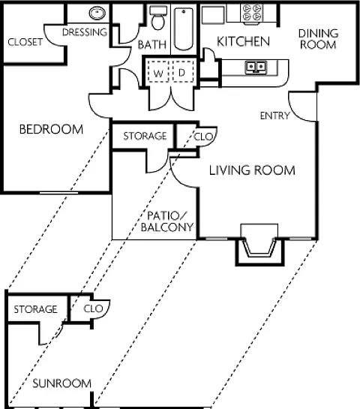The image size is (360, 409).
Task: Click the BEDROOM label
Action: coord(51,129)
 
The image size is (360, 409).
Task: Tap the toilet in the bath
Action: coord(158,18)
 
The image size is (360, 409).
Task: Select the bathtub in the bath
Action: coord(184,29)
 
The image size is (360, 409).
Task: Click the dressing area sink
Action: coord(97,13)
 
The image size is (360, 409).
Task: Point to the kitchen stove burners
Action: coord(252,13)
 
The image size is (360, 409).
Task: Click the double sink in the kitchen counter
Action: coord(256,67)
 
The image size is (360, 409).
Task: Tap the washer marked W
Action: coord(157,71)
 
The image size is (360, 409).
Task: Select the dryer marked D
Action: coord(183,71)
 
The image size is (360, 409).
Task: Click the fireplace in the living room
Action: coord(259,245)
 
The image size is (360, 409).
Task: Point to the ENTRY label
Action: coord(275,116)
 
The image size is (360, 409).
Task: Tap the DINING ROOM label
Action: coord(318,39)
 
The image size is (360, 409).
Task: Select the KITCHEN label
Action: coord(243,42)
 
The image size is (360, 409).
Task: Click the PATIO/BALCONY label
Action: coord(167,221)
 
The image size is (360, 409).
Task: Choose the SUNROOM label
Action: coord(61,383)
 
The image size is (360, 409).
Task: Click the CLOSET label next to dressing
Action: coord(25,42)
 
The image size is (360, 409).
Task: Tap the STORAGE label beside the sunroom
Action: coord(35,309)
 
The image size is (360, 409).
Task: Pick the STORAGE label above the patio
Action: coord(145,136)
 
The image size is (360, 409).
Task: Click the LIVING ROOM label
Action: coord(252,170)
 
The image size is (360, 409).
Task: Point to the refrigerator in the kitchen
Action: coord(213,15)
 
